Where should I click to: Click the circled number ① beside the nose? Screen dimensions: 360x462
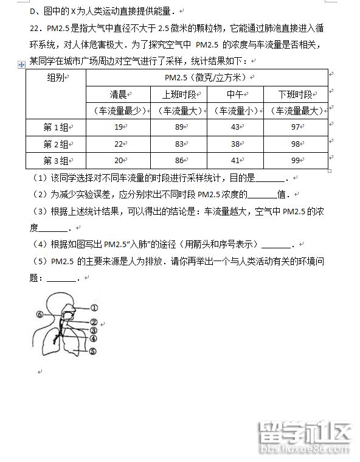[95, 308]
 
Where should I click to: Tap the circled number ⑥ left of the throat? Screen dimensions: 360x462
[40, 315]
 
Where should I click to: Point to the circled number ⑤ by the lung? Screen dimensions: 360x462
[93, 351]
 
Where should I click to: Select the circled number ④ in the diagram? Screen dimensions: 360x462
[94, 338]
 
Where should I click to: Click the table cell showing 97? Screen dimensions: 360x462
[296, 127]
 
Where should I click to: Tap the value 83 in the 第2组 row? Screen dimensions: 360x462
[179, 144]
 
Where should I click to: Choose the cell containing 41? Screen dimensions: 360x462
[235, 160]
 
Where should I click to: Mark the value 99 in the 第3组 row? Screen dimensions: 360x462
[296, 160]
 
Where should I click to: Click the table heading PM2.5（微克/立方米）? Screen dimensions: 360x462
[207, 77]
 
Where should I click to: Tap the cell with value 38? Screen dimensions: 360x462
[235, 144]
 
